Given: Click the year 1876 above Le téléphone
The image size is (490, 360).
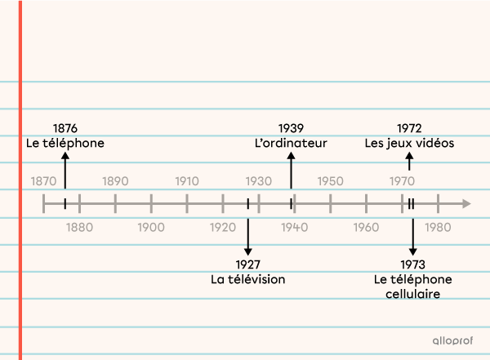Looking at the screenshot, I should click(65, 128).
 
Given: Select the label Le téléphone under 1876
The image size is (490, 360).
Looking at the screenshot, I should click(65, 143).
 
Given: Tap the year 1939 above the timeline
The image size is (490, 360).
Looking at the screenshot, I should click(291, 128).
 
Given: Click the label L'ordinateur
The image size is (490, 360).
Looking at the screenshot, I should click(291, 143).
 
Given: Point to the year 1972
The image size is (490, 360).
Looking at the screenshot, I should click(409, 128).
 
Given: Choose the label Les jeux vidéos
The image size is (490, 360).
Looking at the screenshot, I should click(409, 143).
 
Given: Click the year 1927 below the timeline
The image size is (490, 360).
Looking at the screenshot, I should click(248, 264).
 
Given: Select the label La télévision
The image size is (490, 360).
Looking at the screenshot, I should click(248, 279).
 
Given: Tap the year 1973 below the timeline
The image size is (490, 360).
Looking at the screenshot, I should click(412, 264).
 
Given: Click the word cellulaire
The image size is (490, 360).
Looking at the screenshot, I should click(412, 293).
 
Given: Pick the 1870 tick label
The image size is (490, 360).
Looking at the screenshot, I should click(43, 180).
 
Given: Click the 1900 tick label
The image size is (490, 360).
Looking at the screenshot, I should click(151, 227).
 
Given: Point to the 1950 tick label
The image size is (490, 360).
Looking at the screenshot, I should click(330, 180).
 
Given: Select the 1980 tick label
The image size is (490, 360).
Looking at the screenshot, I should click(438, 227).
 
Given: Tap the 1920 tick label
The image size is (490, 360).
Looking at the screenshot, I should click(223, 227).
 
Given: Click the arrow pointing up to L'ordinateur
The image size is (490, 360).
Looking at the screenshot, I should click(291, 171).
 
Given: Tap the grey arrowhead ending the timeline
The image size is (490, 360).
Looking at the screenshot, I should click(465, 203).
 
